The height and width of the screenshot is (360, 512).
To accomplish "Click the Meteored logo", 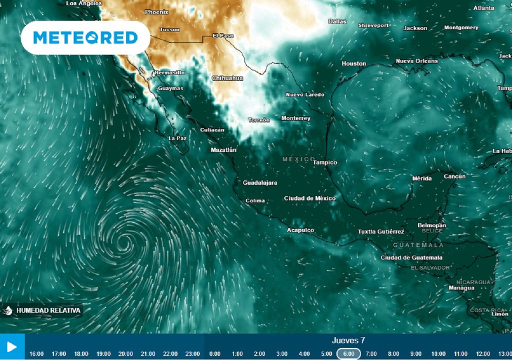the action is pyautogui.click(x=85, y=37).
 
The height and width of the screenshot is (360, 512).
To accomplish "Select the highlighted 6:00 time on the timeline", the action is pyautogui.click(x=348, y=353).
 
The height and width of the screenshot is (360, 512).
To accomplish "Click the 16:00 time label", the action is pyautogui.click(x=36, y=354).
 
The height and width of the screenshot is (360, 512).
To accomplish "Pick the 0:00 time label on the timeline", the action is pyautogui.click(x=215, y=354).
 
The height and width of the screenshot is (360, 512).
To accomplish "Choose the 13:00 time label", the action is pyautogui.click(x=504, y=354).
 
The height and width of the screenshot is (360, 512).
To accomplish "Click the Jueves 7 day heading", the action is pyautogui.click(x=348, y=340).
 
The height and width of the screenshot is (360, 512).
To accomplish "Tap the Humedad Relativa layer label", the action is pyautogui.click(x=48, y=310).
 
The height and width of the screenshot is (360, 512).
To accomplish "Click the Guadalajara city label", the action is pyautogui.click(x=260, y=183).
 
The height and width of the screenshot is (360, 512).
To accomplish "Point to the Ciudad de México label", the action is pyautogui.click(x=309, y=198).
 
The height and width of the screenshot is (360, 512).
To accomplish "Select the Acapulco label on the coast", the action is pyautogui.click(x=300, y=230).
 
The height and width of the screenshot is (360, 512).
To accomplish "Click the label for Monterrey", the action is pyautogui.click(x=295, y=118).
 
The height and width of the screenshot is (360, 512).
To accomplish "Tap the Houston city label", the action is pyautogui.click(x=353, y=63).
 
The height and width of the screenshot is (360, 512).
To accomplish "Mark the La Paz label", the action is pyautogui.click(x=177, y=138).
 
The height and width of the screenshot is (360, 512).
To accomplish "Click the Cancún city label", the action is pyautogui.click(x=454, y=176).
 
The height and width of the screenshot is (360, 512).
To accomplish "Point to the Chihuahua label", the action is pyautogui.click(x=227, y=78).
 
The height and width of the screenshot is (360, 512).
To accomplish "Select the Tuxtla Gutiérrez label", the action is pyautogui.click(x=381, y=231).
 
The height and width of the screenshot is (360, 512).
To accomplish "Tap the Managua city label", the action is pyautogui.click(x=461, y=288).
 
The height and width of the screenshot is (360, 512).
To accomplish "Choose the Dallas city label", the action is pyautogui.click(x=337, y=21).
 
